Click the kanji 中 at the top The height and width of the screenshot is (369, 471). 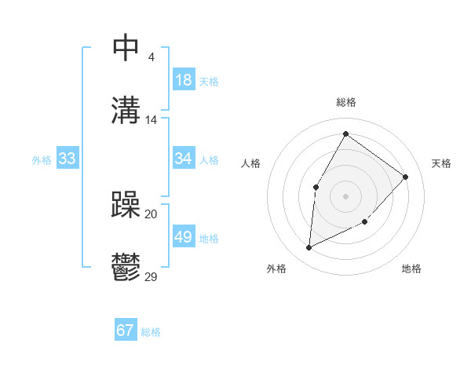click(x=126, y=48)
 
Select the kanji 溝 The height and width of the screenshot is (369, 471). click(x=126, y=111)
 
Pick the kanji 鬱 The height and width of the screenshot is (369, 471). click(x=126, y=268)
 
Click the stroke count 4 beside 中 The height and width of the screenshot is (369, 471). click(x=151, y=57)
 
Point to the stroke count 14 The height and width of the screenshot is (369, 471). click(x=152, y=120)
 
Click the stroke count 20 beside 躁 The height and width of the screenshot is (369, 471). click(x=152, y=214)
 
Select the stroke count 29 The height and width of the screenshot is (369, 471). click(x=152, y=277)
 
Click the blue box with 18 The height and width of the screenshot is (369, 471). click(x=183, y=80)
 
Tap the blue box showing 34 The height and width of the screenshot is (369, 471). click(x=183, y=159)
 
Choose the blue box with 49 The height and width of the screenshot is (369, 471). click(x=183, y=237)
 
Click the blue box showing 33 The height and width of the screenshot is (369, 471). click(x=68, y=159)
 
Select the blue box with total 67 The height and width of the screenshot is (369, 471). click(x=126, y=331)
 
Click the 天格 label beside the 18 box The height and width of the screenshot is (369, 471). click(x=209, y=81)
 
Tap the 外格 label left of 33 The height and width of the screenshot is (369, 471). click(x=42, y=159)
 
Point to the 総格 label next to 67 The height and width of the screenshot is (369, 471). click(x=151, y=332)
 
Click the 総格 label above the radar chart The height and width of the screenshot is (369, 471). click(x=346, y=102)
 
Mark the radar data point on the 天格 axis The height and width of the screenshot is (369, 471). click(x=406, y=177)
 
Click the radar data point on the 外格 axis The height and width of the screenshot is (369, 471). click(x=309, y=248)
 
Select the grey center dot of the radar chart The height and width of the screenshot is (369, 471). click(x=346, y=196)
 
